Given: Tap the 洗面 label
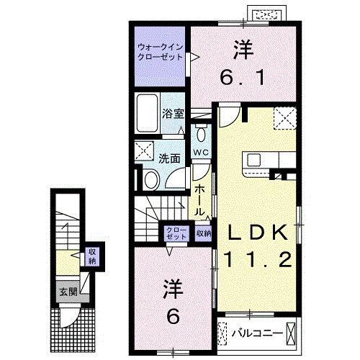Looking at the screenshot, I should [170, 158].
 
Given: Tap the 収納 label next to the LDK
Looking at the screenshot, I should [204, 233].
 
